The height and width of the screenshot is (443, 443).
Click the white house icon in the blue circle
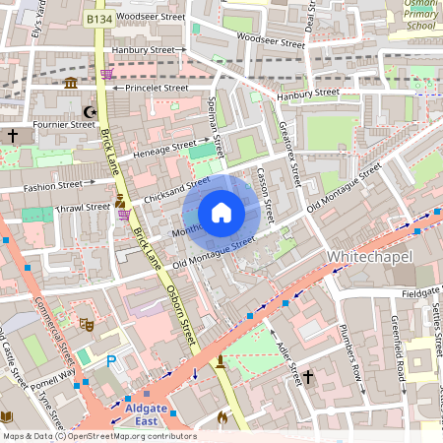tap(221, 213)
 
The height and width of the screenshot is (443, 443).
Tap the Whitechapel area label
tap(368, 256)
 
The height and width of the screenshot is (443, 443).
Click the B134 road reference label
tap(98, 19)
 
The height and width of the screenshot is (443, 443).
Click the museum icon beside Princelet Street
tap(71, 85)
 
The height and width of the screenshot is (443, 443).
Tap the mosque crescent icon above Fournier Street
tap(92, 112)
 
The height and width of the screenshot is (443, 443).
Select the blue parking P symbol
tap(111, 362)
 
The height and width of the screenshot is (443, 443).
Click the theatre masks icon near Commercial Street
tap(87, 322)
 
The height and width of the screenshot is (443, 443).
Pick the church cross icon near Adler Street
tap(307, 377)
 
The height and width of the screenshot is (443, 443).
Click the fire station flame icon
tap(221, 417)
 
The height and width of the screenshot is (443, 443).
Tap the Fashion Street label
tap(53, 186)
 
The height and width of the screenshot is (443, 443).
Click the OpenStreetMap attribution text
tap(98, 435)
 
